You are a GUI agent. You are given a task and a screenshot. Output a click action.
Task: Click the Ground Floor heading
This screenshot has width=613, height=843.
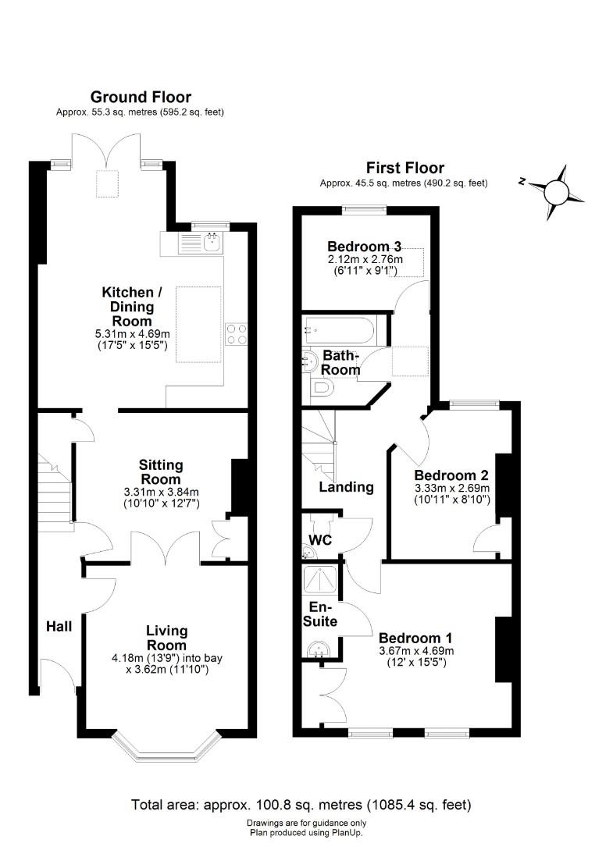pos(141,98)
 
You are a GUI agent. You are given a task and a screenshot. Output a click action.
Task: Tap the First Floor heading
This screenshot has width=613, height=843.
pos(405,168)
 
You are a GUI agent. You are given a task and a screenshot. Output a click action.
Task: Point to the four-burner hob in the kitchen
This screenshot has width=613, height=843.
pos(237,333)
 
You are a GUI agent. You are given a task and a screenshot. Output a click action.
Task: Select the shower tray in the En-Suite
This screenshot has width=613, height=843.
pos(320,579)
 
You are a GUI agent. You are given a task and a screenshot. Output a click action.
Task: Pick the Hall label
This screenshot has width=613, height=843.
pos(59,626)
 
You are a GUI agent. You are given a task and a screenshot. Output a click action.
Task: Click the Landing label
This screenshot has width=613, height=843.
pos(346,487)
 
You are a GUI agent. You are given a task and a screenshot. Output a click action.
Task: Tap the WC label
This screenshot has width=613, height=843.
pos(320,540)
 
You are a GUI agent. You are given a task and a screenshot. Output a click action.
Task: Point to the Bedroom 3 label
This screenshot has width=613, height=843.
pos(364,247)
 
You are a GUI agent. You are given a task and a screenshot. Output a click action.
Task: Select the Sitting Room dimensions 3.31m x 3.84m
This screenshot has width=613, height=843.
pos(162,492)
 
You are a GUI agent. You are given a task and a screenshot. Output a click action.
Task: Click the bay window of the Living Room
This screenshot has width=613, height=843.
pos(166,749)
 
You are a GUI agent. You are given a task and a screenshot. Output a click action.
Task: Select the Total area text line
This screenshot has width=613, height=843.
pos(301,805)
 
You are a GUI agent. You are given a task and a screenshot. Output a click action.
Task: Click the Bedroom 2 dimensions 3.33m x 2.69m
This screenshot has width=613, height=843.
pos(451,489)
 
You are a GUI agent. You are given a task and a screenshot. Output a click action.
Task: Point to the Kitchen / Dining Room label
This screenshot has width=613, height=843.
pos(132,307)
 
